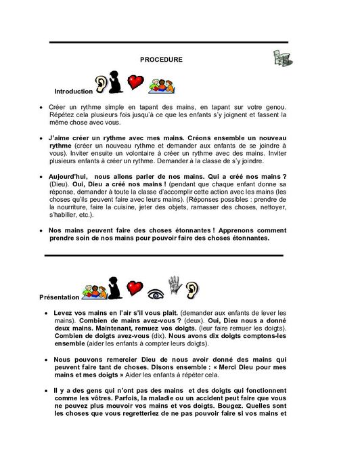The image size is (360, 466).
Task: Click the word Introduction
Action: click(x=73, y=91)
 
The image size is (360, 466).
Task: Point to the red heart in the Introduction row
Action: click(x=137, y=82)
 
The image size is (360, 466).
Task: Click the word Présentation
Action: click(x=60, y=297)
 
